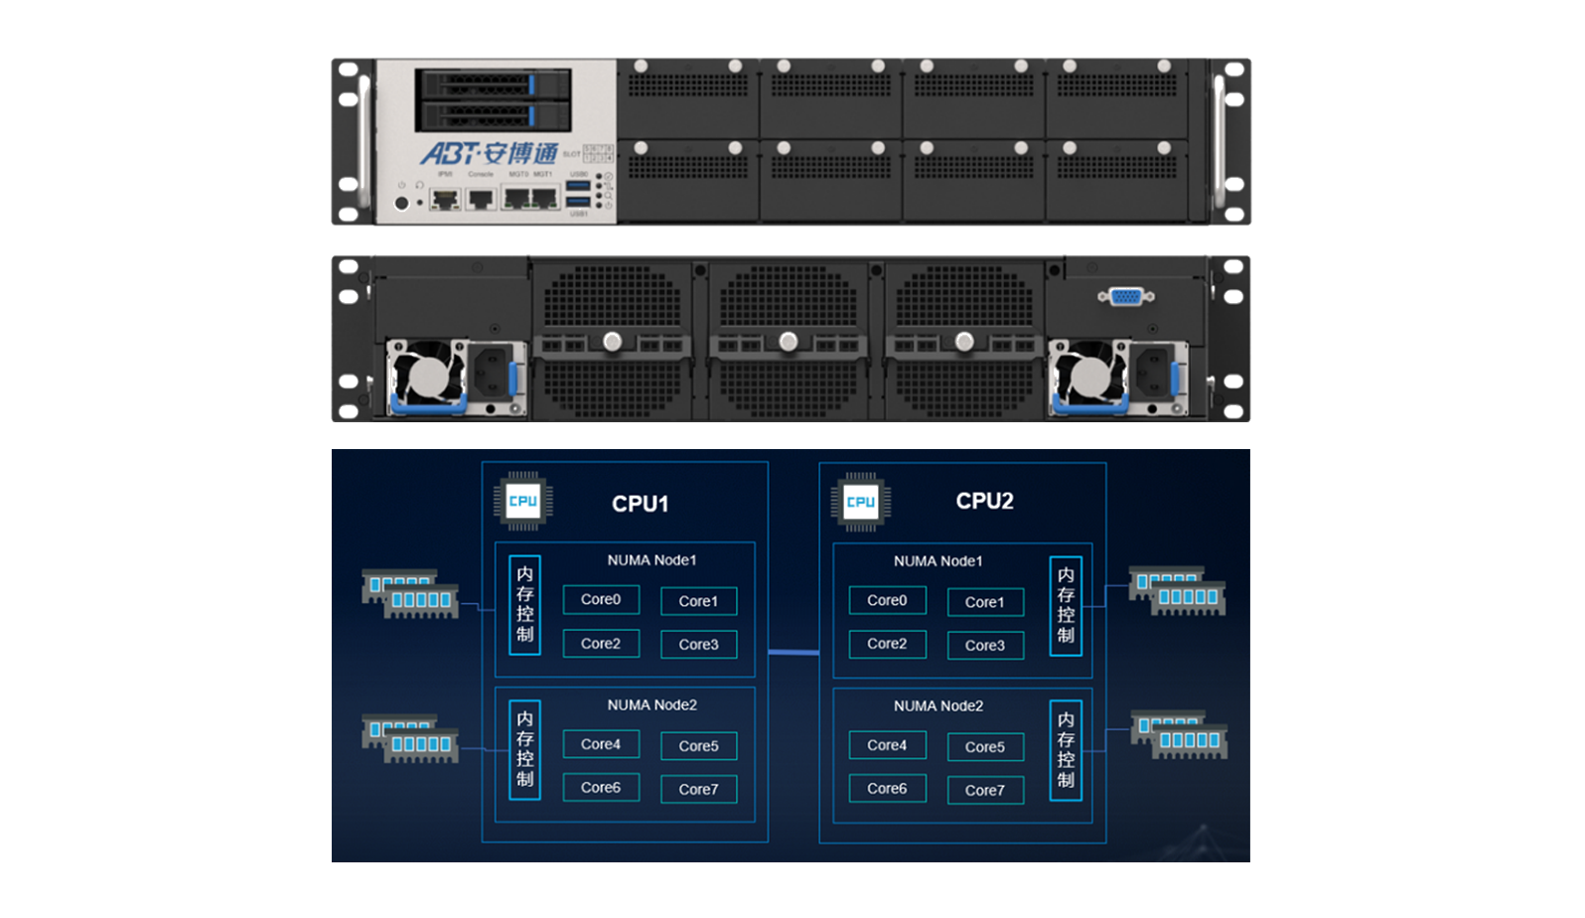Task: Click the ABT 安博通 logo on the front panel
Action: (489, 154)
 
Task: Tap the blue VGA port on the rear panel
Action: (1125, 296)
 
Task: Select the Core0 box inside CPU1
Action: (601, 600)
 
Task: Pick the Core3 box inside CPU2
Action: (984, 646)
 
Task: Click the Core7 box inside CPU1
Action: (698, 790)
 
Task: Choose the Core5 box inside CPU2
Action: (984, 747)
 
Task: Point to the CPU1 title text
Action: (640, 504)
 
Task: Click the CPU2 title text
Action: (984, 501)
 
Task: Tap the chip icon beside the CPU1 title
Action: (522, 501)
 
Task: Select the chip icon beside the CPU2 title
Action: (860, 502)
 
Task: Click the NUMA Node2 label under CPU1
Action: (651, 705)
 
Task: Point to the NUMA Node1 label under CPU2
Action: (937, 561)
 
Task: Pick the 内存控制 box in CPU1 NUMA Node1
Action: (524, 604)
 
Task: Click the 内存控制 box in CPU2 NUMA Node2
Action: (1065, 750)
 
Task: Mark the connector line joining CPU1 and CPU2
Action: (793, 653)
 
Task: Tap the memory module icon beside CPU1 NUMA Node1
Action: (410, 594)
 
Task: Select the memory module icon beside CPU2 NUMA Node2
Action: (1180, 735)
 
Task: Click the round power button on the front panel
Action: (401, 203)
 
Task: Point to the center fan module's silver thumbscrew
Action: (789, 342)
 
